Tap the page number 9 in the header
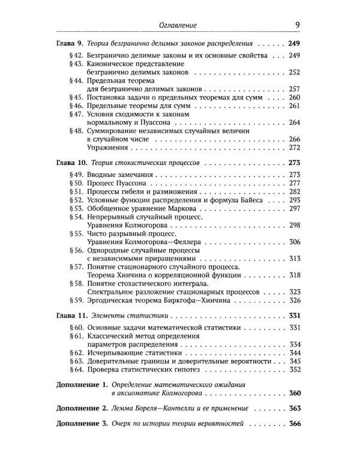[298, 25]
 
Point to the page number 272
[295, 147]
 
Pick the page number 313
[295, 274]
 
